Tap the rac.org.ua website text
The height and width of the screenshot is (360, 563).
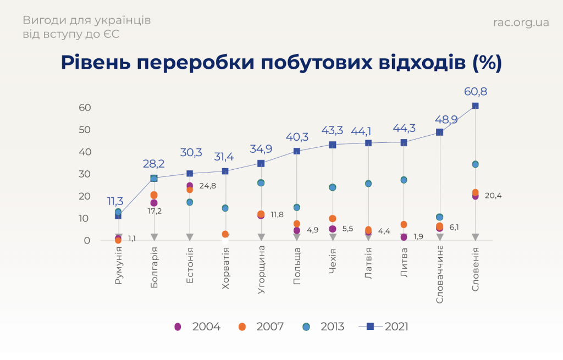click(521, 23)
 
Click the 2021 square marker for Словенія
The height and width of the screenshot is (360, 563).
click(475, 106)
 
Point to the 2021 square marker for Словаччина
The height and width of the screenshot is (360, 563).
click(439, 132)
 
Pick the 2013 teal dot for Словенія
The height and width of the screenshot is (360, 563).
click(475, 164)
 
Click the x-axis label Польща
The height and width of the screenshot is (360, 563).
click(297, 266)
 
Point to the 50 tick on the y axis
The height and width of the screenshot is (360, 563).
click(84, 130)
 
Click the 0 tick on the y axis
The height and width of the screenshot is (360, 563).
click(87, 241)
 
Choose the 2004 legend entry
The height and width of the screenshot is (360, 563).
click(197, 326)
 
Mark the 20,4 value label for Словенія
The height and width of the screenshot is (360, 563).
click(493, 196)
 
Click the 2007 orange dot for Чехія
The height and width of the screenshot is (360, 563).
click(333, 219)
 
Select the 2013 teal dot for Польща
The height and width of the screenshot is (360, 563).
click(297, 207)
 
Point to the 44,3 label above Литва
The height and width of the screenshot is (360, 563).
click(404, 129)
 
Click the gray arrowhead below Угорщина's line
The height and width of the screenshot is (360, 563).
click(261, 237)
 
